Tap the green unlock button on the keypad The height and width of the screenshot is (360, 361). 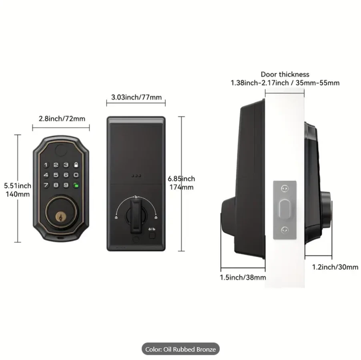(76, 185)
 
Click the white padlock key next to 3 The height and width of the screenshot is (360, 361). (76, 165)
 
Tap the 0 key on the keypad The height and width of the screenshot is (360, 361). (76, 175)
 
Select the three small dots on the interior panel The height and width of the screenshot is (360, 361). (136, 175)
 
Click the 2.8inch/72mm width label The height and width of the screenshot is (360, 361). (62, 119)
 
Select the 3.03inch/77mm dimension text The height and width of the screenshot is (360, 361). (136, 97)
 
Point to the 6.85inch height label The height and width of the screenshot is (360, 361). (181, 179)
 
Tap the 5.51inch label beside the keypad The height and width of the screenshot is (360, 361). (18, 186)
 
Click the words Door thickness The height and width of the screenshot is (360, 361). (285, 74)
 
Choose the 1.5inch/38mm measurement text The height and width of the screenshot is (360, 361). (243, 277)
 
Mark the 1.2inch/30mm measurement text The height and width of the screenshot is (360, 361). (335, 267)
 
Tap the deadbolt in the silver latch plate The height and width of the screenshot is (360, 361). (285, 209)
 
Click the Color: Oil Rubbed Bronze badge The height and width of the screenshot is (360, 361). (180, 349)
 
